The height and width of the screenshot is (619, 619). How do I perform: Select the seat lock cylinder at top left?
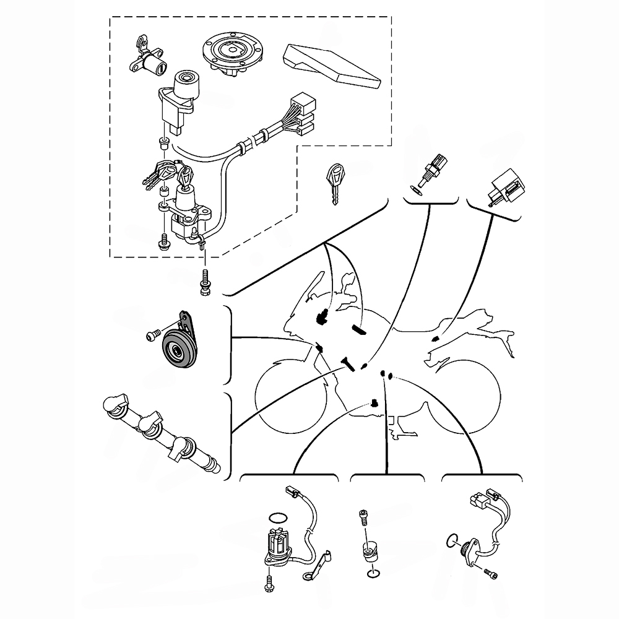tap(148, 61)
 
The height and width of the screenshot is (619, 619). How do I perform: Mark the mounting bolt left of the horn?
tap(152, 335)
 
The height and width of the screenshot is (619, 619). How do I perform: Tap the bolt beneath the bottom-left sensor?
tap(271, 581)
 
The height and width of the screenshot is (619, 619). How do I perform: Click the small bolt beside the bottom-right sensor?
tap(491, 574)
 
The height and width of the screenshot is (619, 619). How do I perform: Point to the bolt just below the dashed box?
tap(204, 282)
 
